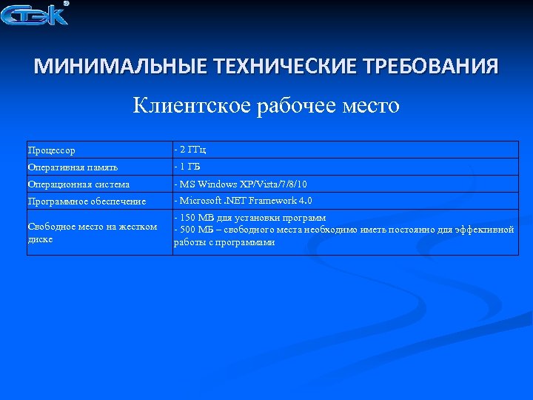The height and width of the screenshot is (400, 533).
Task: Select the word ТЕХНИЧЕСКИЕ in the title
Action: click(x=284, y=67)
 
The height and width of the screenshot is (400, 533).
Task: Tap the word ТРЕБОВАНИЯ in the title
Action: click(x=431, y=67)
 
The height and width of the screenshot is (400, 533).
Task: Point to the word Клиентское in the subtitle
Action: click(x=191, y=106)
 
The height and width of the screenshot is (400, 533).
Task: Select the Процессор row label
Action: click(x=52, y=150)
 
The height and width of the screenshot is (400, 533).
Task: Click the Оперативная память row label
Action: click(x=73, y=167)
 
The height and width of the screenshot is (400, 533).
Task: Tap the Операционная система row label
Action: click(x=78, y=184)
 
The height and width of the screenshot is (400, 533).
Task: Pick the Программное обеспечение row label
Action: click(x=87, y=201)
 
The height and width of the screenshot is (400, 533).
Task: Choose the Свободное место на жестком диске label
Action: click(x=92, y=233)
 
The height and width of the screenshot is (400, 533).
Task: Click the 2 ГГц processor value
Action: click(x=190, y=150)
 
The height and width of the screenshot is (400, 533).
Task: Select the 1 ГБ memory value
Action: click(x=188, y=167)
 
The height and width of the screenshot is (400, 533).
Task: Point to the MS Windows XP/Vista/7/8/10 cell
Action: click(x=241, y=184)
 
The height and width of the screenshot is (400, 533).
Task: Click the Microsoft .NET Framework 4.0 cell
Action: click(x=244, y=201)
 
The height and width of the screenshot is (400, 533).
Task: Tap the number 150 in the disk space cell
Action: click(x=187, y=218)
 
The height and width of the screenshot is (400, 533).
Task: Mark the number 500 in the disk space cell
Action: click(x=187, y=230)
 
